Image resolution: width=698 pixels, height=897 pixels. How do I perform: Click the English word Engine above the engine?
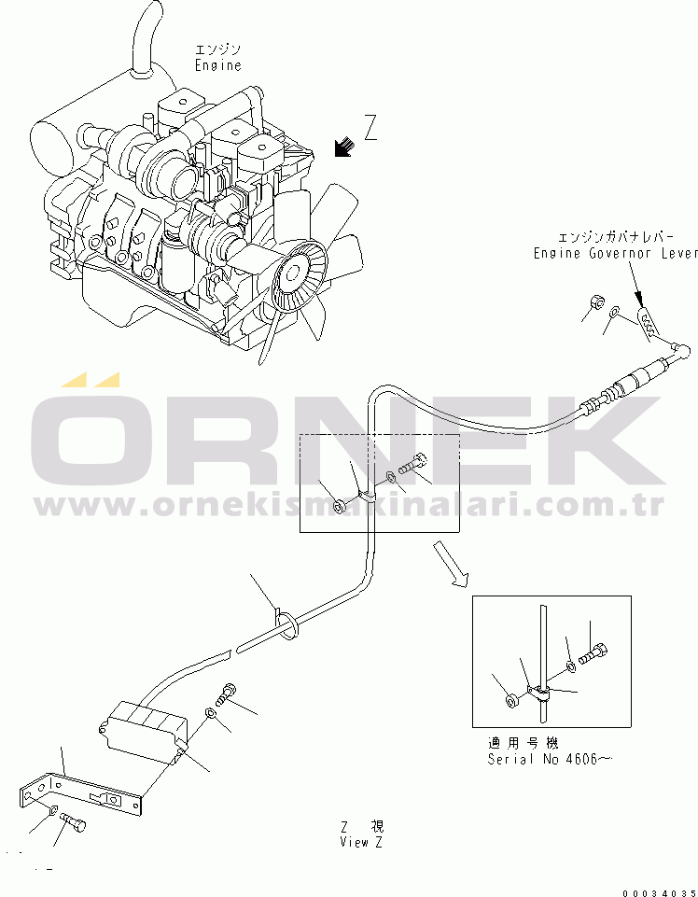(x=218, y=65)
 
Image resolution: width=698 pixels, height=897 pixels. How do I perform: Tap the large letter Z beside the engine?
(x=370, y=127)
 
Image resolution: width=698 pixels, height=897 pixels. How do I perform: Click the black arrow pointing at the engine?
(x=343, y=147)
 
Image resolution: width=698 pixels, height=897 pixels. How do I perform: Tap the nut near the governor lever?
(x=596, y=301)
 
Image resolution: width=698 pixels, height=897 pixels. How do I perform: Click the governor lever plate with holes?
(x=648, y=323)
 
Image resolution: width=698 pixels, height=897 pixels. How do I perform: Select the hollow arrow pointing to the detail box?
(x=451, y=563)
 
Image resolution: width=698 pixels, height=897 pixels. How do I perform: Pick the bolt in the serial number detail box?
(x=593, y=654)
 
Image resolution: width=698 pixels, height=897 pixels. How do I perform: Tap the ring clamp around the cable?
(x=286, y=624)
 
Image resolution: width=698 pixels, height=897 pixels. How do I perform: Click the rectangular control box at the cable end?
(x=144, y=732)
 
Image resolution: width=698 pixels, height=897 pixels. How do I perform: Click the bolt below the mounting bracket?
(x=73, y=821)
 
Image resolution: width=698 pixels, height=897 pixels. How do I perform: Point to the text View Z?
(x=361, y=842)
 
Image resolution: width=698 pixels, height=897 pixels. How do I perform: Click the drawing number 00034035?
(x=660, y=893)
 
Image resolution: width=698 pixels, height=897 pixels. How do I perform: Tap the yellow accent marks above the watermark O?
(x=91, y=379)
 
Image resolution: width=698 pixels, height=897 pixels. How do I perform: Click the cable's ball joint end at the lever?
(x=680, y=348)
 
